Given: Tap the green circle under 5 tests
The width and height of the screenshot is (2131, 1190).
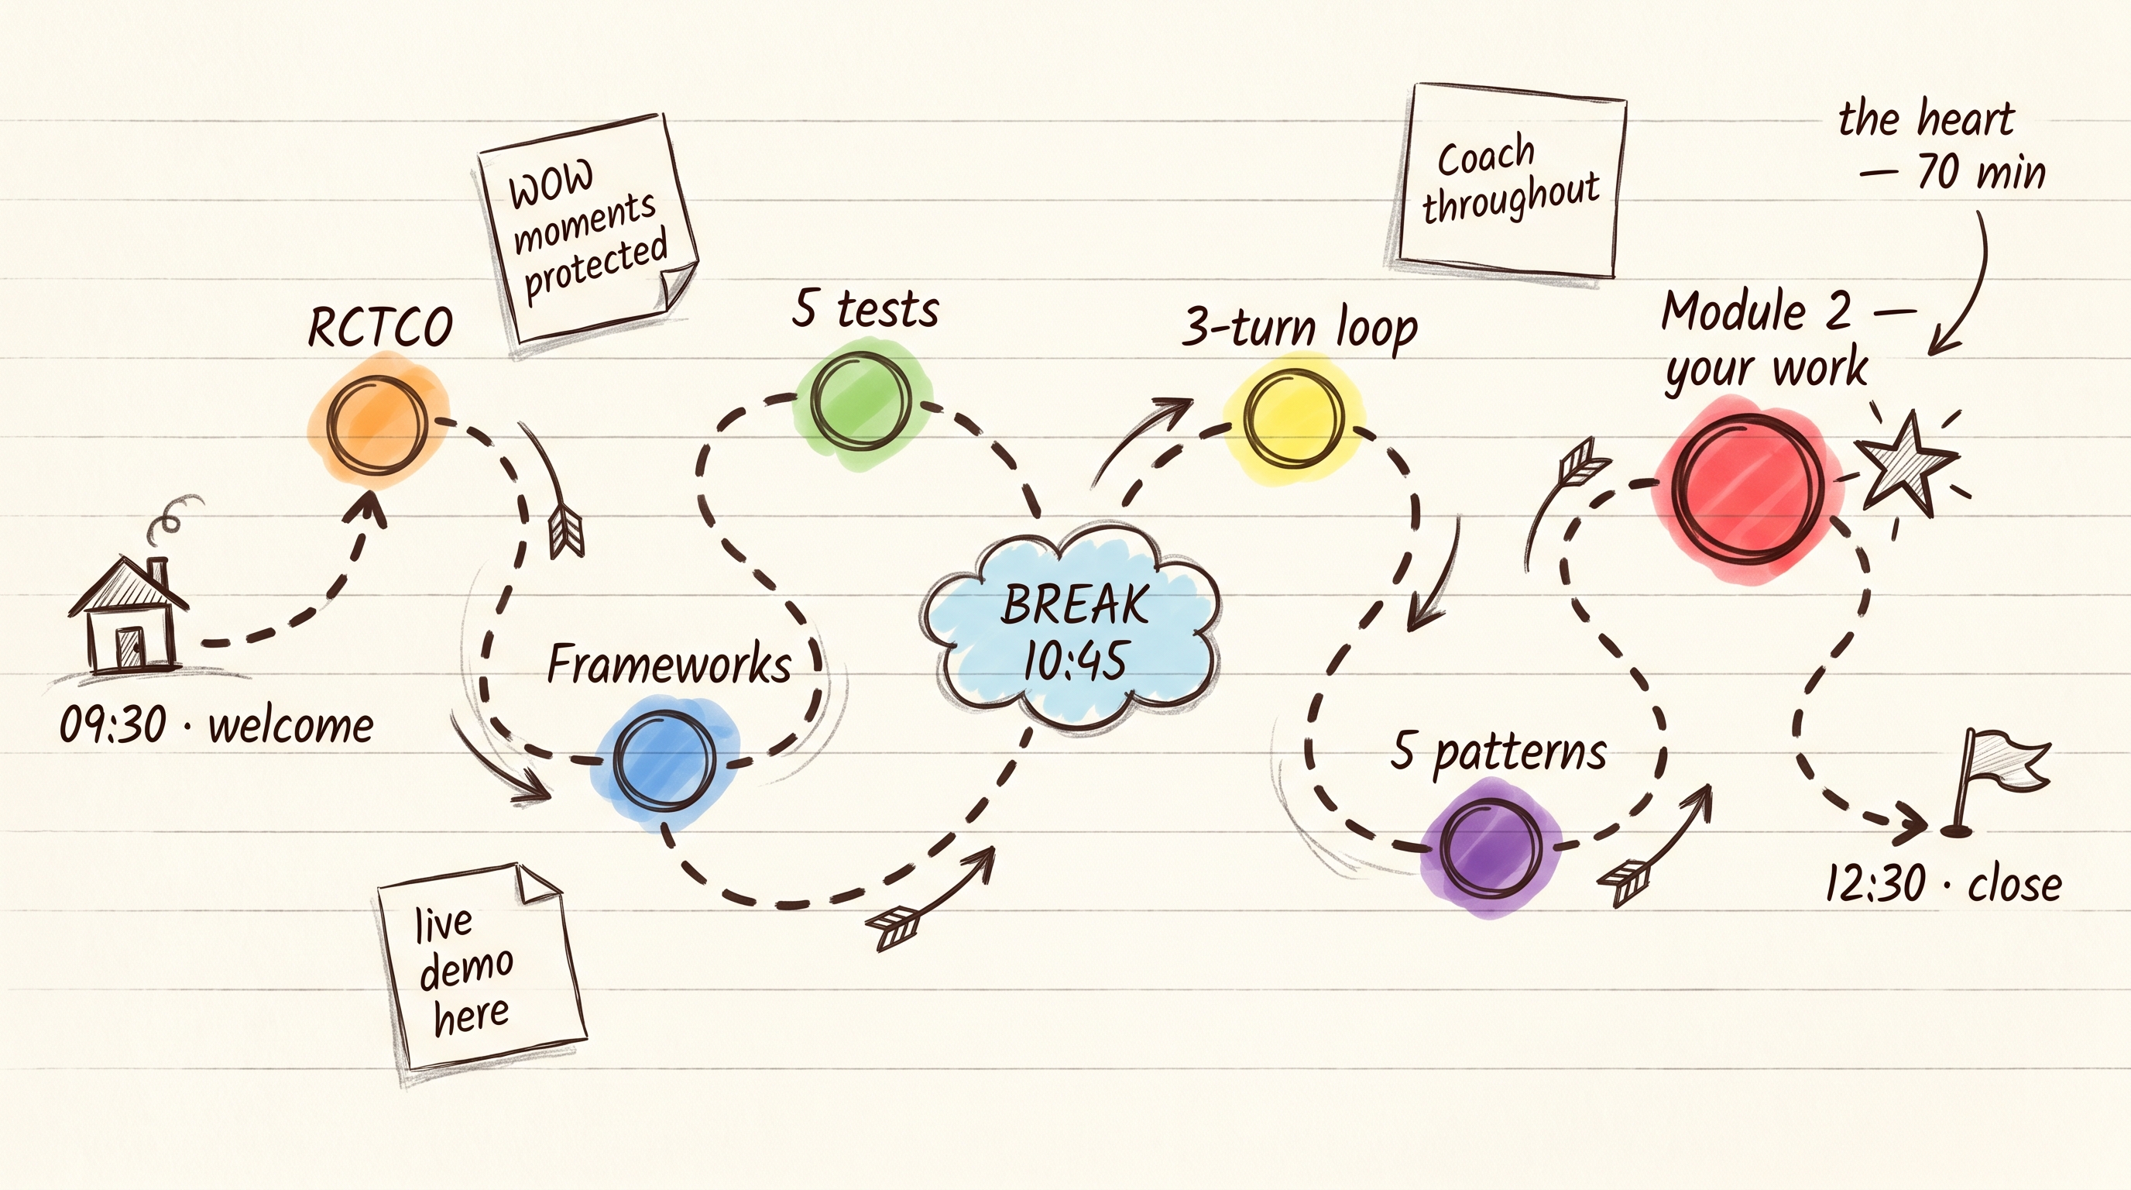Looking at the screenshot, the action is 860,401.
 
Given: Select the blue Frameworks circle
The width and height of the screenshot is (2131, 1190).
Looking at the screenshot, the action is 664,761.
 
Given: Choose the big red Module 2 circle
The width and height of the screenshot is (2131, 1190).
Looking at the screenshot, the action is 1747,487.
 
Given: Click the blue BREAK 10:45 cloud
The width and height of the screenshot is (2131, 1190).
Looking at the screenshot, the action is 1070,628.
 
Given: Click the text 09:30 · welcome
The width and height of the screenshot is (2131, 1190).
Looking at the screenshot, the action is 217,726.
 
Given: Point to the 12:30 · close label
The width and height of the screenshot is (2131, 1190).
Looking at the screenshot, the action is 1943,883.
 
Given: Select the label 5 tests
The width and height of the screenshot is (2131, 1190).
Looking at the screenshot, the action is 865,308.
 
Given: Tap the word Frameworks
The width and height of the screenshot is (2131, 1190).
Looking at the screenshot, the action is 669,664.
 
